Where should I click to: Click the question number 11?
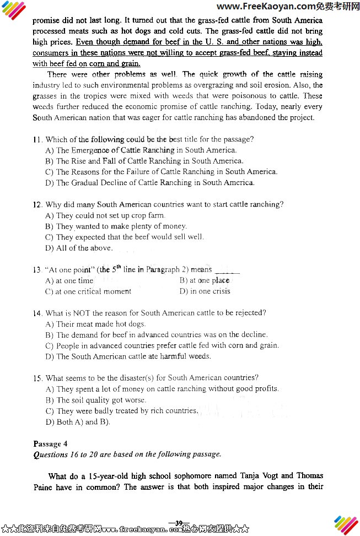[37, 139]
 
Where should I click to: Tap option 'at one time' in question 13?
[69, 280]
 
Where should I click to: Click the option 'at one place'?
[205, 280]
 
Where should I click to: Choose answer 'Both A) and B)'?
[78, 422]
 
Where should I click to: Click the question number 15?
[37, 378]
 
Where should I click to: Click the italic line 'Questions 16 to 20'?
[127, 454]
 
